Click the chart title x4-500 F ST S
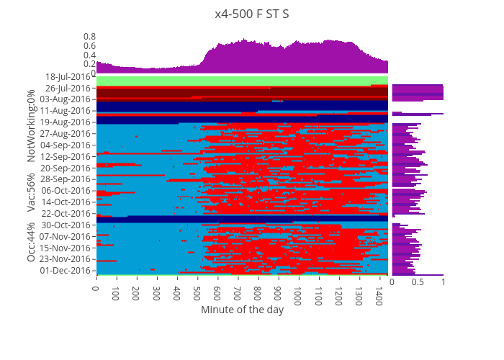pos(251,14)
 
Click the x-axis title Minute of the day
pos(242,310)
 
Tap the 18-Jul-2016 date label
pos(68,76)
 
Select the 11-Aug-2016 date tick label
pos(68,111)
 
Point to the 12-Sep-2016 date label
pos(68,156)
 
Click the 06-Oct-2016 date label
pos(68,191)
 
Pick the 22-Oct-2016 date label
pos(68,213)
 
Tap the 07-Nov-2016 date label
pos(68,236)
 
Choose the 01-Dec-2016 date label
pos(68,271)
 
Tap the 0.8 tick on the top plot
pos(89,36)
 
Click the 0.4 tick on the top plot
pos(89,55)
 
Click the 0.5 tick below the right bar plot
pos(418,283)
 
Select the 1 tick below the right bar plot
pos(443,283)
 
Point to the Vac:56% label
pos(32,192)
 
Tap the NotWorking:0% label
pos(32,126)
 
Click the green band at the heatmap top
pos(242,80)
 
